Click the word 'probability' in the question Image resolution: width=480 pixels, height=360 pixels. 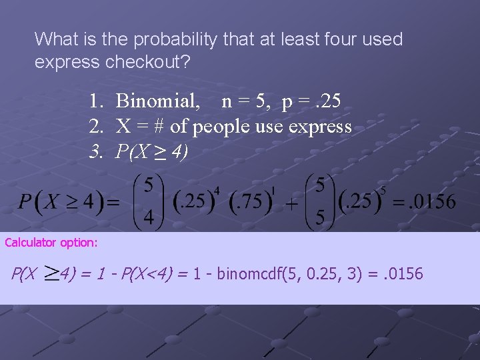pyautogui.click(x=175, y=39)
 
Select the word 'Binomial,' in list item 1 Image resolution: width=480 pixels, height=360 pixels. pyautogui.click(x=158, y=101)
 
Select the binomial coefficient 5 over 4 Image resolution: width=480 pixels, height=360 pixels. pyautogui.click(x=149, y=199)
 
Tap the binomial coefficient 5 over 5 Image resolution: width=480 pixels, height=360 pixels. pyautogui.click(x=321, y=200)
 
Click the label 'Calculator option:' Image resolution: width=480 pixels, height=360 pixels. pyautogui.click(x=51, y=243)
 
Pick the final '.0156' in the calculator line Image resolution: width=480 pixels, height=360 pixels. pyautogui.click(x=403, y=273)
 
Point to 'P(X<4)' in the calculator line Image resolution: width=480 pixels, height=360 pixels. pyautogui.click(x=151, y=273)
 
